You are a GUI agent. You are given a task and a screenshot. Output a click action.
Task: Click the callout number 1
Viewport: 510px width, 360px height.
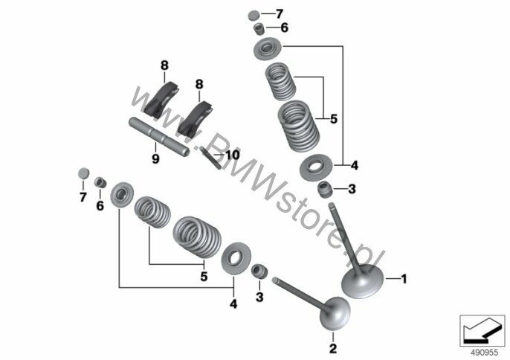(x=404, y=279)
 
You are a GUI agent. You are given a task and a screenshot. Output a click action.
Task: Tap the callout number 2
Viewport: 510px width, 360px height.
(x=333, y=348)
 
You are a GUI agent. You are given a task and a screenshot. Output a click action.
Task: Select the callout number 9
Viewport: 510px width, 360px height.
(x=155, y=159)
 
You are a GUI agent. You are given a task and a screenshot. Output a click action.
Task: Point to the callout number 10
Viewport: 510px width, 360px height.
(x=233, y=155)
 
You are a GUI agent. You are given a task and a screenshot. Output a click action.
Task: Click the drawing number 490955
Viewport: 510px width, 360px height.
(x=485, y=353)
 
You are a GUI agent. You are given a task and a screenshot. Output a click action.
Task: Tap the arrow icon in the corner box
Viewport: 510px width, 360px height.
(x=482, y=331)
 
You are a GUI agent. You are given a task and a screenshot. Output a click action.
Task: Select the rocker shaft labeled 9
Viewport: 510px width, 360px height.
(x=159, y=137)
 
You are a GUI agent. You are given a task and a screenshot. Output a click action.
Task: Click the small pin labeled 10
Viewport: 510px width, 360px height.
(x=210, y=158)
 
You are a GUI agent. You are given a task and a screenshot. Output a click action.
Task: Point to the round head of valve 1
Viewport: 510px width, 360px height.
(x=362, y=282)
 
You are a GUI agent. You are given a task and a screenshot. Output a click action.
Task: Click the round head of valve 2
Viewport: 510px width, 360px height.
(x=335, y=313)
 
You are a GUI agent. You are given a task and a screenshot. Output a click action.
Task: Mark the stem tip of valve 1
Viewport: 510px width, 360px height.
(x=332, y=205)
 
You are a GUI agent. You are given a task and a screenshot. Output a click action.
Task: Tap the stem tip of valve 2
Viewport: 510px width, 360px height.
(x=275, y=279)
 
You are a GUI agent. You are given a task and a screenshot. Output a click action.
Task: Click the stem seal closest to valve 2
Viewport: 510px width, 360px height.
(x=259, y=271)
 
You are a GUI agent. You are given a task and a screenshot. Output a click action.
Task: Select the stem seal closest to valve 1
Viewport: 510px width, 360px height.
(x=326, y=190)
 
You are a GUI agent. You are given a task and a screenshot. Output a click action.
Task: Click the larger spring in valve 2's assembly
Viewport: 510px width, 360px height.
(x=197, y=237)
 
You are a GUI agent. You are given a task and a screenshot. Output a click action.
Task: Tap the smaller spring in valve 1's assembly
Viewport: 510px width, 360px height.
(x=280, y=81)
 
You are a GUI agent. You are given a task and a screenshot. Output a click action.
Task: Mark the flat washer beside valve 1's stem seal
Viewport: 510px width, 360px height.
(x=316, y=167)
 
